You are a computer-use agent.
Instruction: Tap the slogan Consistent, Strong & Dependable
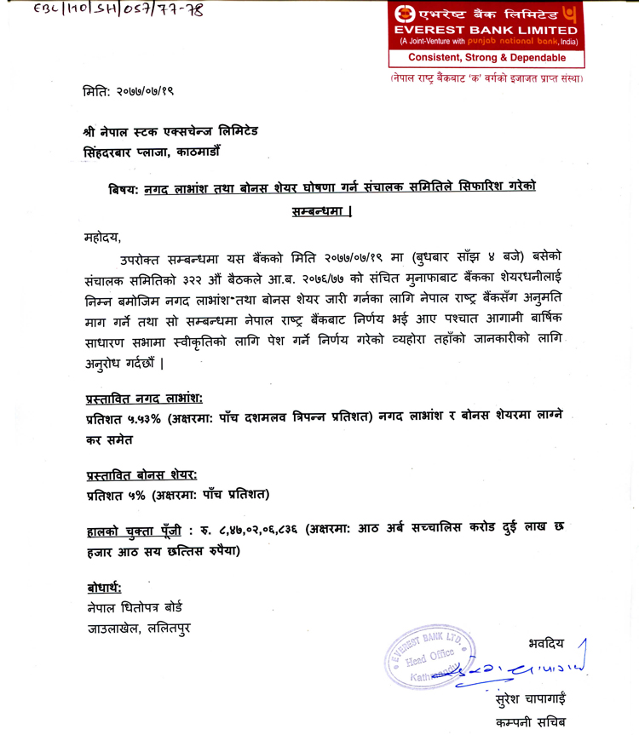486,57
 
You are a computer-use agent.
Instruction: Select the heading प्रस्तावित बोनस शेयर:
141,474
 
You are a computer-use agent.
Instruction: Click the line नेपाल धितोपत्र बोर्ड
134,608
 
